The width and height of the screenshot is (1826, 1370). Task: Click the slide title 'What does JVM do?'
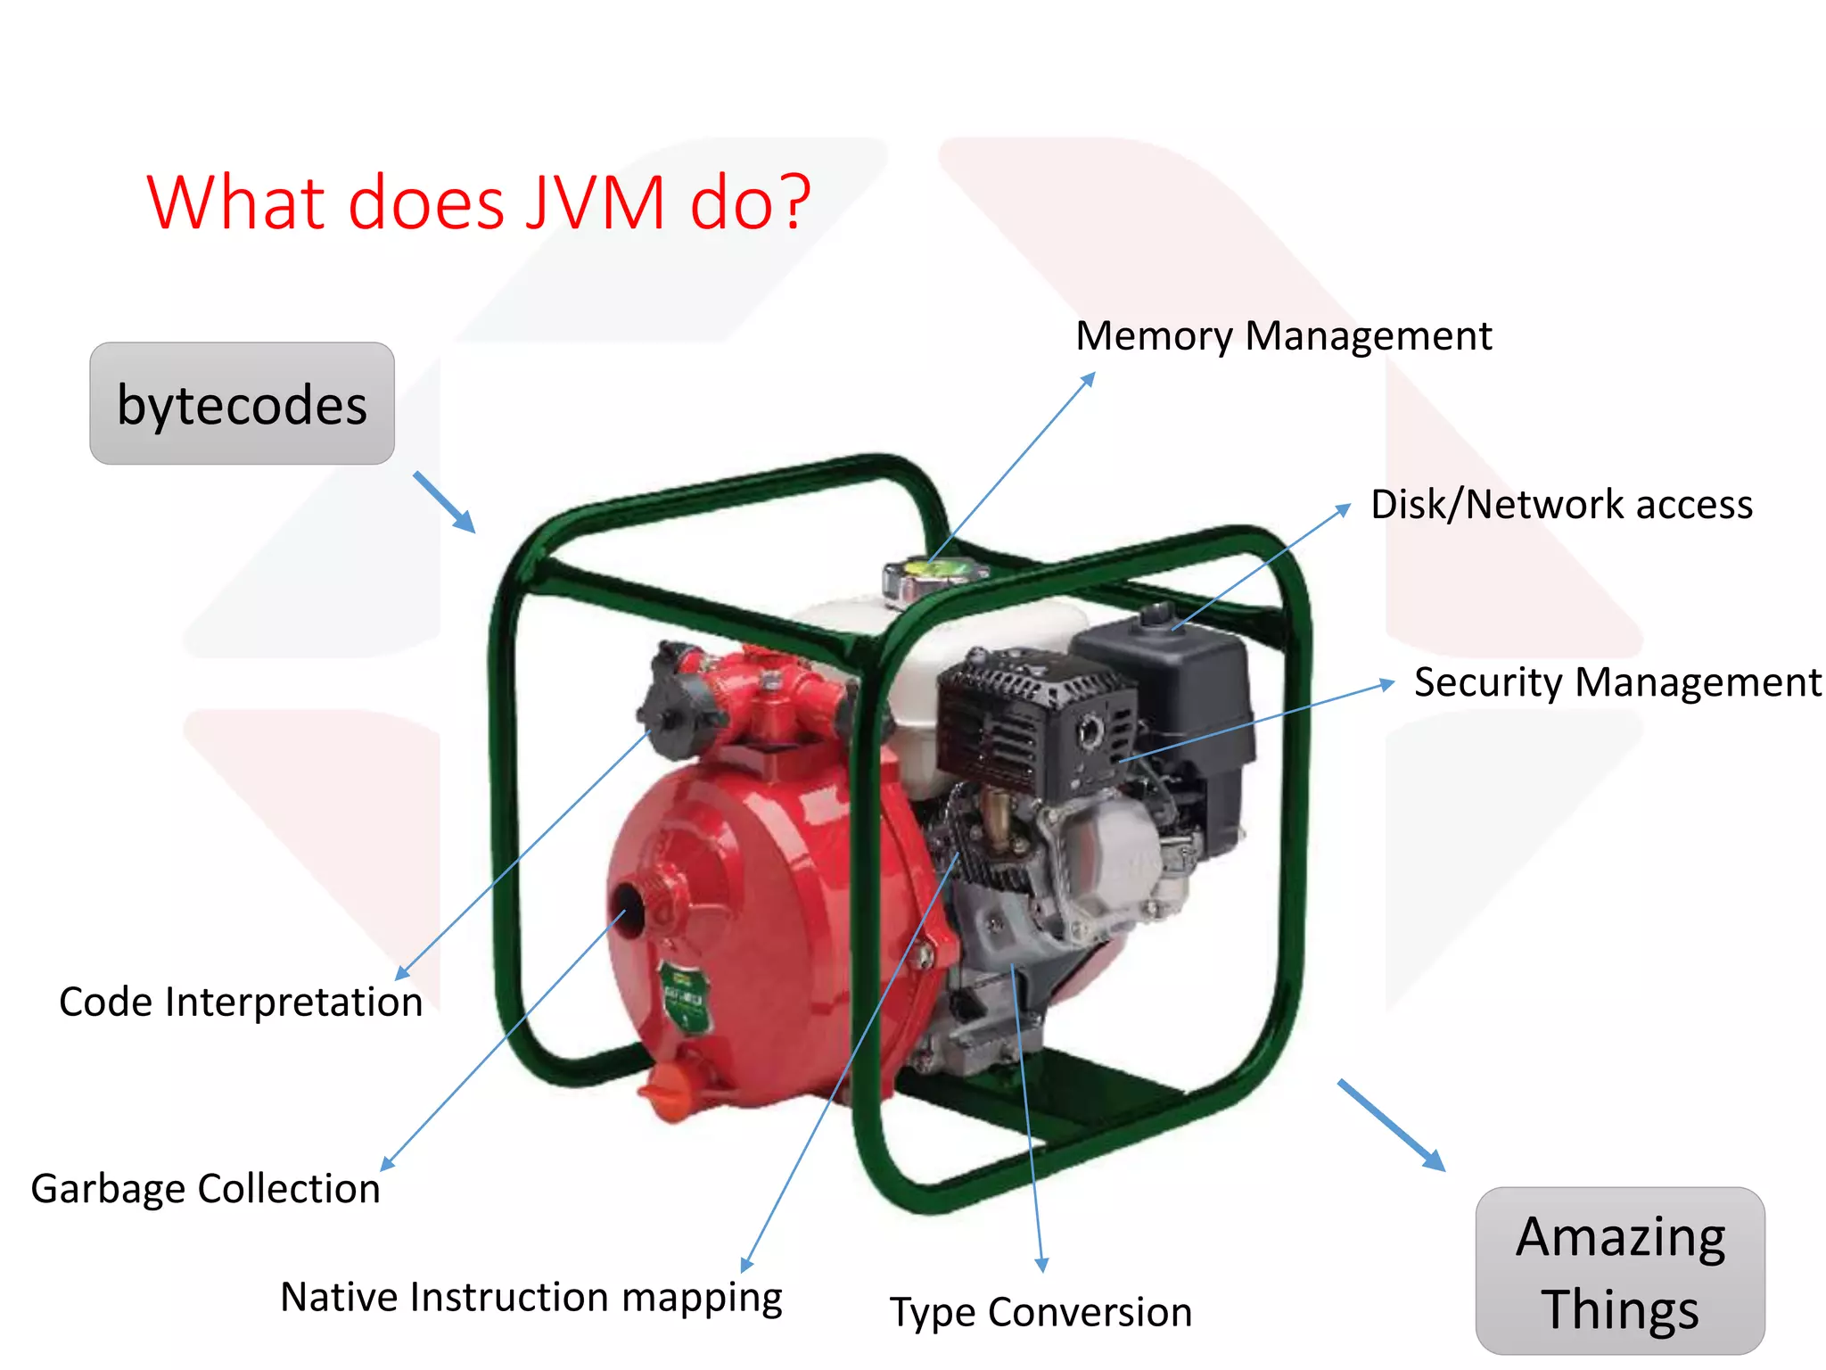point(479,202)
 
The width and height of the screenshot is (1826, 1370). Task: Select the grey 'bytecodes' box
point(242,404)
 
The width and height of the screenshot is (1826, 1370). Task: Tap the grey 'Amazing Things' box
point(1619,1271)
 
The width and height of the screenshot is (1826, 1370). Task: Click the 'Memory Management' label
point(1283,336)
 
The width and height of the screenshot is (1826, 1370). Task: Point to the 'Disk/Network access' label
point(1561,504)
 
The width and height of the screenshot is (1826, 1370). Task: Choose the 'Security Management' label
point(1617,682)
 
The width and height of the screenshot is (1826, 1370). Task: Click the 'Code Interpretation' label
point(241,1002)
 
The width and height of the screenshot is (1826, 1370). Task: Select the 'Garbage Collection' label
point(206,1189)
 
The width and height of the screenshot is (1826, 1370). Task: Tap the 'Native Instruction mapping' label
point(531,1297)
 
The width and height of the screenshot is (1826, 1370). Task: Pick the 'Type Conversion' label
point(1040,1312)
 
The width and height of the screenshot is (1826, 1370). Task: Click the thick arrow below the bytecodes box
point(445,503)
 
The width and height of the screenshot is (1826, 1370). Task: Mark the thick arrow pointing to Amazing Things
point(1391,1126)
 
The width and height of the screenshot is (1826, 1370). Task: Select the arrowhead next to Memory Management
point(1089,379)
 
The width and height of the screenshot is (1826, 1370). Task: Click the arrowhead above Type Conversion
point(1041,1264)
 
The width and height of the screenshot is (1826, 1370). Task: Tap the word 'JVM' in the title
point(595,202)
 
